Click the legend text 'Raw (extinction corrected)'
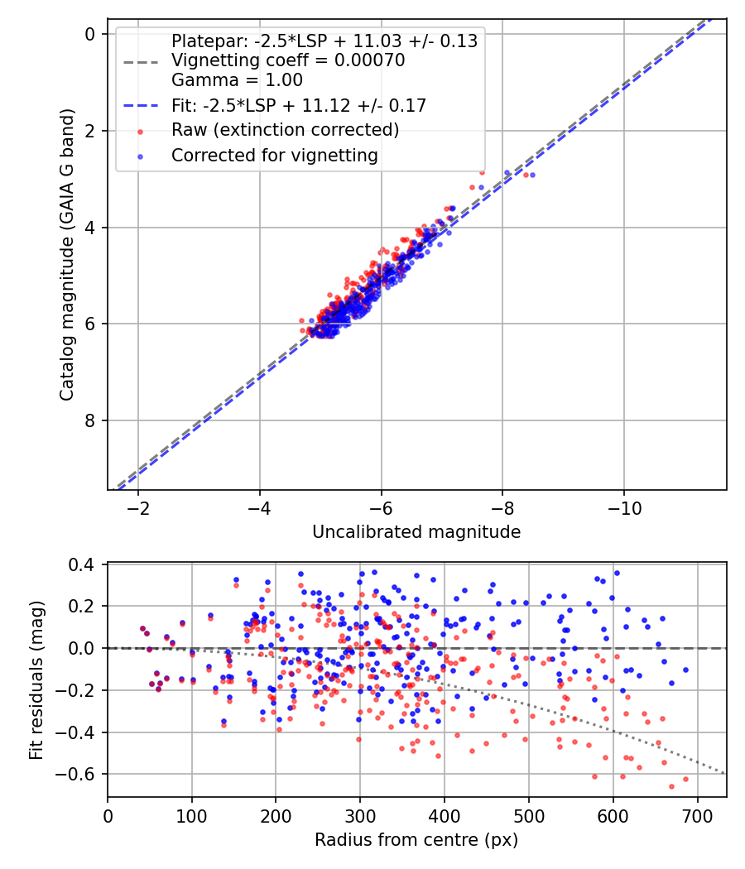285,130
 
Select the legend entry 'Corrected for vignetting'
274,155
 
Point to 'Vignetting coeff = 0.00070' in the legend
288,60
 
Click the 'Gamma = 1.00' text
237,80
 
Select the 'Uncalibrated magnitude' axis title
416,532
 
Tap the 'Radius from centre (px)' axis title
416,840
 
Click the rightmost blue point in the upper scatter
532,175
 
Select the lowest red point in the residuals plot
671,786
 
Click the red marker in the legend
140,131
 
